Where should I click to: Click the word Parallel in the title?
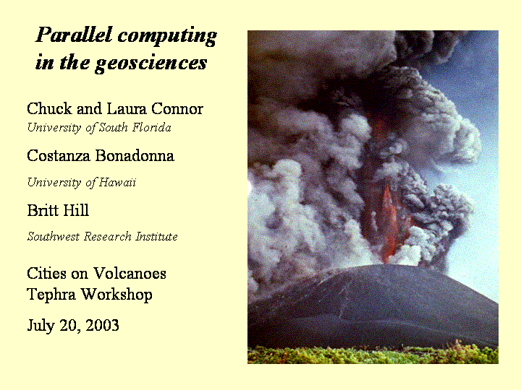tap(74, 35)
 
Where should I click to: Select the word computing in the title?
tap(168, 37)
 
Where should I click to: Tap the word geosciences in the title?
tap(151, 64)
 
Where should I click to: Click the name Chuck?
tap(49, 109)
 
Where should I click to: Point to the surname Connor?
tap(177, 109)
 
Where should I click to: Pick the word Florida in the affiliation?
tap(152, 127)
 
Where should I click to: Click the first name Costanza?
tap(59, 155)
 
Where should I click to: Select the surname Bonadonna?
tap(135, 155)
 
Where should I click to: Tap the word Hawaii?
tap(118, 182)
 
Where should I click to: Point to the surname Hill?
tap(76, 210)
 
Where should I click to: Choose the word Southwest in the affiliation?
tap(54, 236)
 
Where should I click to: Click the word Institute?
tap(156, 236)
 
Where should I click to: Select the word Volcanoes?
tap(130, 274)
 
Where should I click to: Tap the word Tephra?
tap(51, 295)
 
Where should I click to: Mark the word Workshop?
tap(117, 295)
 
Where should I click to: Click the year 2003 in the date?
tap(102, 325)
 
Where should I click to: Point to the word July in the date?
tap(41, 326)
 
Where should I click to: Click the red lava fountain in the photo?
tap(387, 222)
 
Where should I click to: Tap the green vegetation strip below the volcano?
tap(373, 355)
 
